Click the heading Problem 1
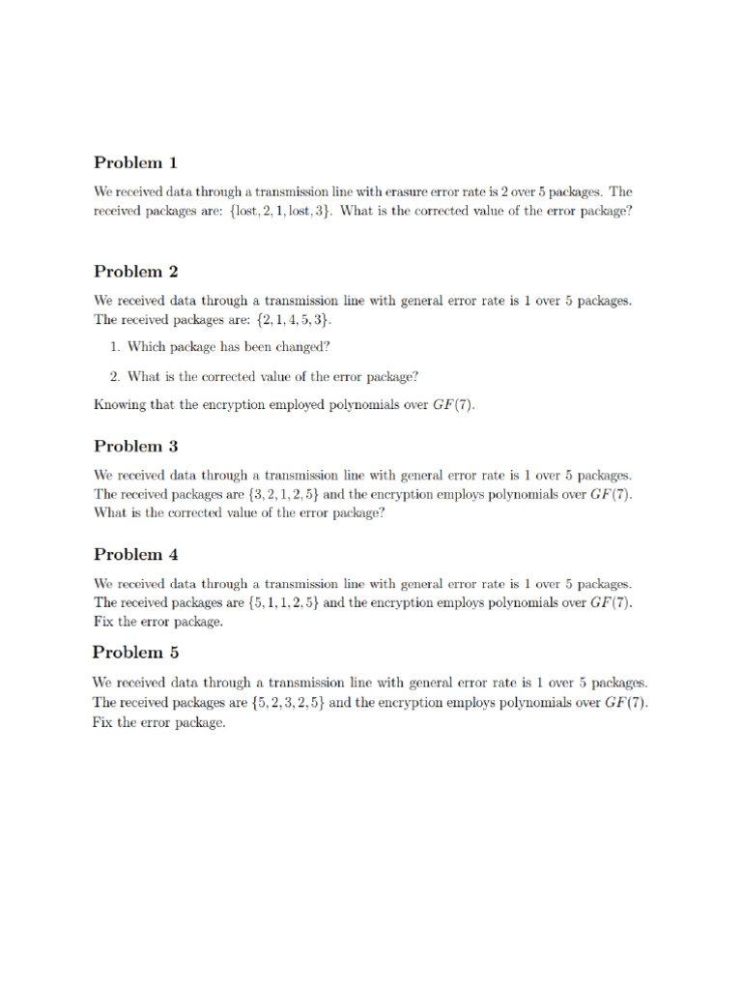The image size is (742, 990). tap(135, 162)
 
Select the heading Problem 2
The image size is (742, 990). tap(135, 272)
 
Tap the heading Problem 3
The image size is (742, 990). tap(135, 446)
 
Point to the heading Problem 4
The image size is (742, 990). tap(135, 554)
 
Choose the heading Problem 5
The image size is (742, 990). tap(135, 652)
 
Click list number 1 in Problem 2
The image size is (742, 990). tap(114, 347)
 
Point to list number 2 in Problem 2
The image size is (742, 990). tap(114, 376)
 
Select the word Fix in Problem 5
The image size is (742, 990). tap(103, 721)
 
